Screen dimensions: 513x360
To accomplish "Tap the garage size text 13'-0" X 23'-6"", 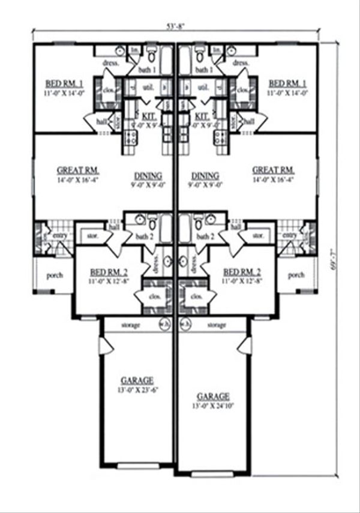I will [x=137, y=389].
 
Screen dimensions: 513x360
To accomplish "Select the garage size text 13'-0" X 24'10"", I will [x=213, y=405].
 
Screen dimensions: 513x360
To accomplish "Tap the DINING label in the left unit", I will [x=148, y=176].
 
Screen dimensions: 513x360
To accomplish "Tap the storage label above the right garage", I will [x=216, y=325].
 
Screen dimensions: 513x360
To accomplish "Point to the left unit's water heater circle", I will [x=163, y=325].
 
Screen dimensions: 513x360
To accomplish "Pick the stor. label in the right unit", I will [x=258, y=236].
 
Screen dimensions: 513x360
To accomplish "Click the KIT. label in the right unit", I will [x=202, y=114].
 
